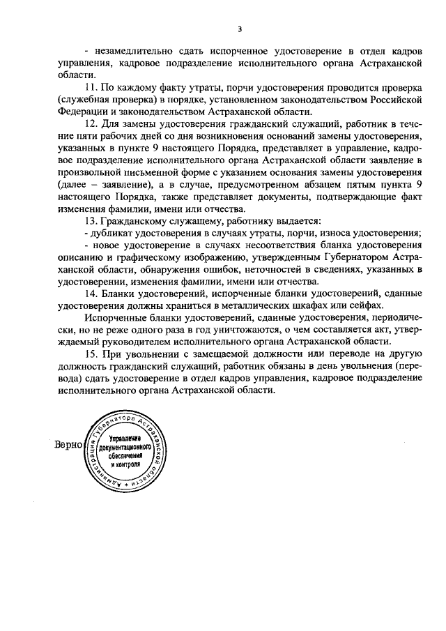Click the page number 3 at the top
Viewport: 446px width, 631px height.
coord(239,29)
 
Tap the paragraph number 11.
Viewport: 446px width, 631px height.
coord(90,89)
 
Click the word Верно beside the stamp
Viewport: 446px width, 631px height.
coord(68,445)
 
